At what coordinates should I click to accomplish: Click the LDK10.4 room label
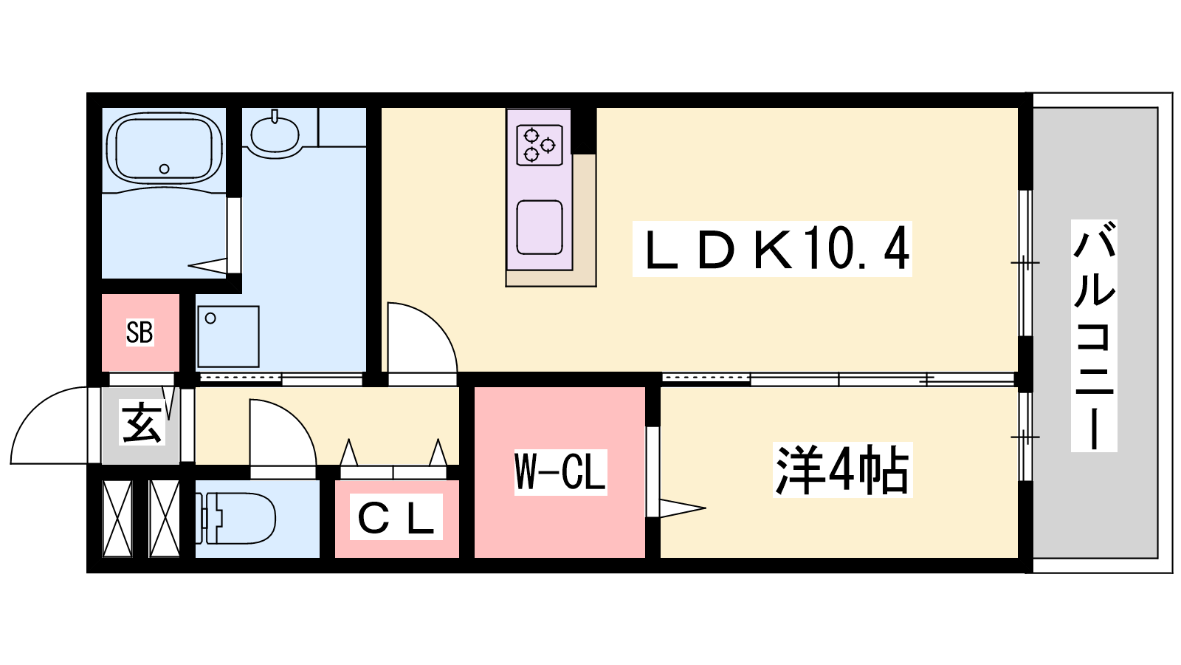(772, 249)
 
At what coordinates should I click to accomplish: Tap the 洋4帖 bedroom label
(842, 470)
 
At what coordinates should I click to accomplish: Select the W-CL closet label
(560, 472)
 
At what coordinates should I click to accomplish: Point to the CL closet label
(396, 516)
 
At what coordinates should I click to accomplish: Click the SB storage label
(140, 332)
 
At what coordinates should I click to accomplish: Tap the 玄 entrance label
(141, 423)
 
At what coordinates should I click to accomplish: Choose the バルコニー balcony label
(1094, 335)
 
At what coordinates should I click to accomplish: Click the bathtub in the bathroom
(165, 149)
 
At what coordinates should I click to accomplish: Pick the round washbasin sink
(275, 134)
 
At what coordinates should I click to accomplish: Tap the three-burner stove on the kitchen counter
(540, 145)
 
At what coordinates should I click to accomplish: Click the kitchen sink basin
(540, 228)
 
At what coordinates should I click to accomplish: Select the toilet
(235, 518)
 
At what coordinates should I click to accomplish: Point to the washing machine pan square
(228, 337)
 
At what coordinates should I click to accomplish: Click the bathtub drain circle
(164, 169)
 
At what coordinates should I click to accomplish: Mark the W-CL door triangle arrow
(682, 508)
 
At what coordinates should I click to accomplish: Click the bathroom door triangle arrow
(207, 265)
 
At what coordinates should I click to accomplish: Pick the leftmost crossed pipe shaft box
(117, 519)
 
